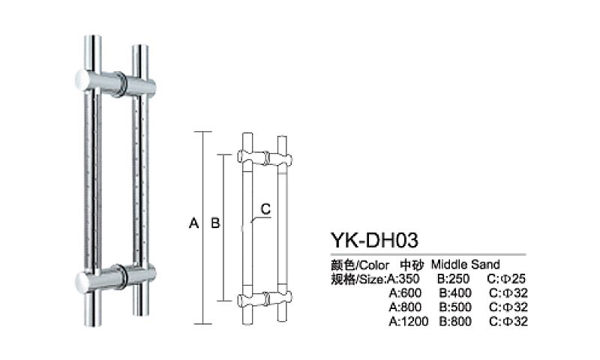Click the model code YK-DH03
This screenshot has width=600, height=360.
[373, 239]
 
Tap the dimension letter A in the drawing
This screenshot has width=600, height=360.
[193, 223]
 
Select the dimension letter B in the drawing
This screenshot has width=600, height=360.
[214, 223]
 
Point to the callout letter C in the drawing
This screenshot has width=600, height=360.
[264, 208]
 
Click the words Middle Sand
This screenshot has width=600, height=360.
[465, 265]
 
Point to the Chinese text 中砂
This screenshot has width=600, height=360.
[410, 265]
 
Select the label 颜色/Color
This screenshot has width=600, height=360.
[360, 265]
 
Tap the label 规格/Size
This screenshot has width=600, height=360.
[358, 279]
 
